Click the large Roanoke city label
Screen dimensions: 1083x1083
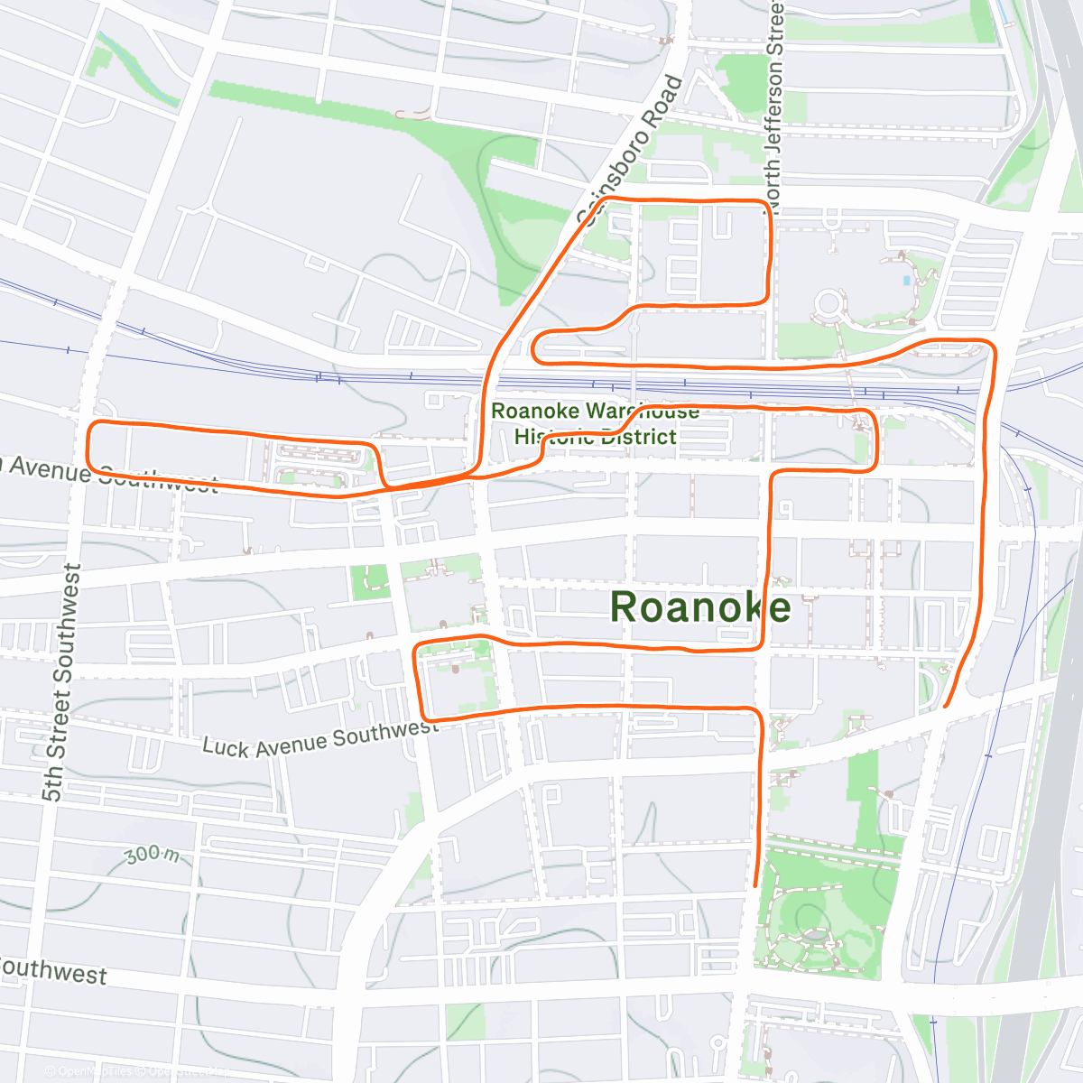coord(700,607)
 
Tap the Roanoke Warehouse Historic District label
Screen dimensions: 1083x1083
coord(595,424)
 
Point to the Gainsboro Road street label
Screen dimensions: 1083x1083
coord(631,149)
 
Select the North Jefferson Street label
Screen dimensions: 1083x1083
coord(775,99)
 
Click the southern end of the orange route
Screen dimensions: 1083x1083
coord(755,885)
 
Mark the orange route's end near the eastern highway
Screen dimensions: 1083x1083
coord(945,707)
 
